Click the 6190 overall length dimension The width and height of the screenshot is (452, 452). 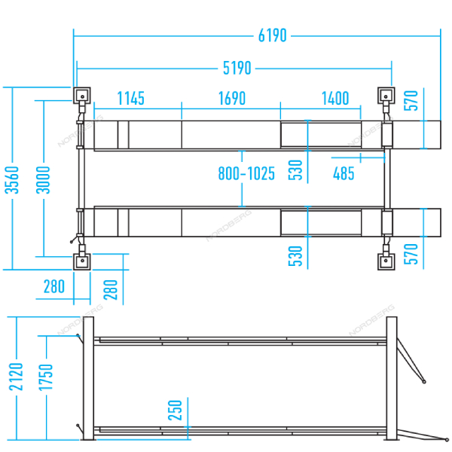click(273, 35)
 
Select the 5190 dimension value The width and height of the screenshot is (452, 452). click(237, 69)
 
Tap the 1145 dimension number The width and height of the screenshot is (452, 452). click(131, 98)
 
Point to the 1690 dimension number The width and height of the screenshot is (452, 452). click(232, 98)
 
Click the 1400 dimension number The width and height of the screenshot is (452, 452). click(335, 98)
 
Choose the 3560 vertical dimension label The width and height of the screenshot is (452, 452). click(12, 180)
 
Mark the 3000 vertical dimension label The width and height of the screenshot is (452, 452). click(43, 180)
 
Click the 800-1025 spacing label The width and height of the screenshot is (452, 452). click(246, 173)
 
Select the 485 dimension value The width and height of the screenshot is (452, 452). click(344, 173)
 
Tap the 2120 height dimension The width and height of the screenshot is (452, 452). click(16, 377)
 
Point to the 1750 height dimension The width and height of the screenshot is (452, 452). click(46, 377)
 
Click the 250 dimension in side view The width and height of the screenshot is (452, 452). click(176, 411)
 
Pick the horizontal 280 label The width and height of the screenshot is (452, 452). click(54, 286)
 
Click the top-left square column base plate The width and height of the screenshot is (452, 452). click(82, 96)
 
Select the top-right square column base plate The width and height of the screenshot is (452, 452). click(386, 96)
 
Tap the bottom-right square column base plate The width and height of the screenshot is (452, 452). click(386, 261)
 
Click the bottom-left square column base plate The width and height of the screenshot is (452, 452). click(82, 261)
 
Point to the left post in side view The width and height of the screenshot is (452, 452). click(88, 378)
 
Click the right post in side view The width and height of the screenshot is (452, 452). click(392, 378)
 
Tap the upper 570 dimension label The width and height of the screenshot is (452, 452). click(411, 101)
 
